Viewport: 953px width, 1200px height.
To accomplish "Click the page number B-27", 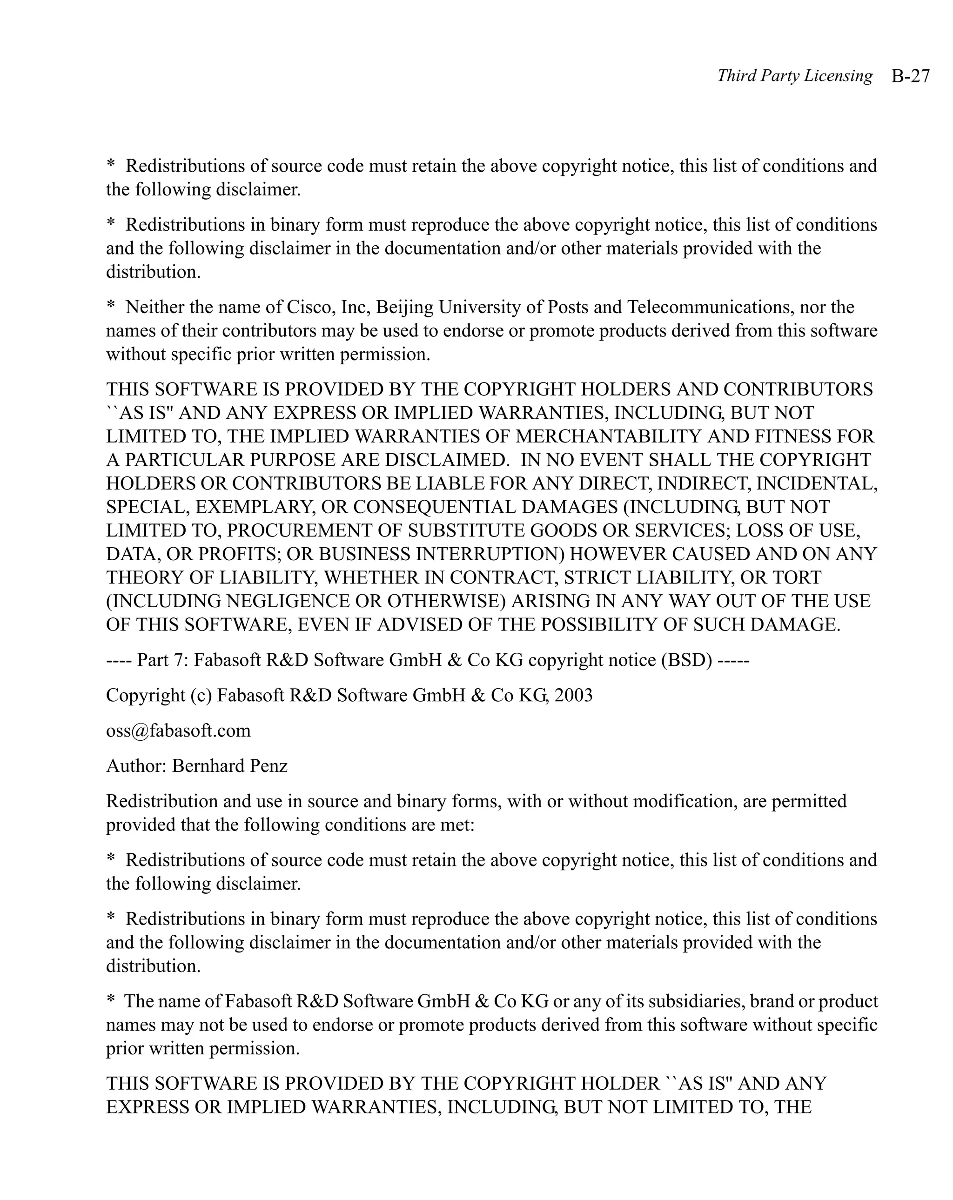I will coord(910,76).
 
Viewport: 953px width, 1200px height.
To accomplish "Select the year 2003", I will coord(573,695).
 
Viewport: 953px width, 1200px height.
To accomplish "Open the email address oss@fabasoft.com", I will coord(178,730).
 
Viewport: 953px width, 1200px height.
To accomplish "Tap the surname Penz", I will coord(269,766).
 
